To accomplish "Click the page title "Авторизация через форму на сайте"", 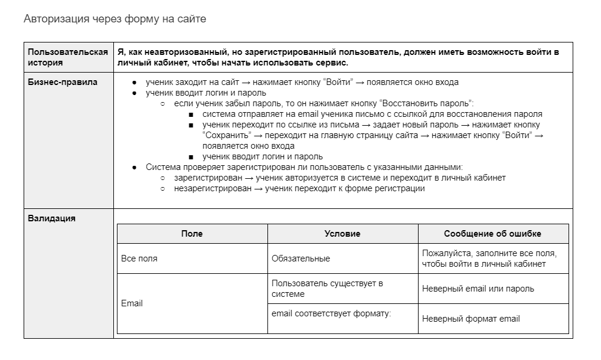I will (x=115, y=19).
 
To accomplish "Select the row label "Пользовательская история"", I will (x=68, y=57).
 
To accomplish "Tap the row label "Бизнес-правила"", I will (x=63, y=82).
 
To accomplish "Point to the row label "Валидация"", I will (x=52, y=218).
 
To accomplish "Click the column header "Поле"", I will (x=192, y=234).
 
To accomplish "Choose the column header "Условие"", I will (x=342, y=234).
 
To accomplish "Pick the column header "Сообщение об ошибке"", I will (x=492, y=234).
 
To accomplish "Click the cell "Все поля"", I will (x=139, y=258).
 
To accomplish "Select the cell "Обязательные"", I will (x=300, y=258).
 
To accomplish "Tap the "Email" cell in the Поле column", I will (x=132, y=303).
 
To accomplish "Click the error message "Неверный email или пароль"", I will (x=478, y=289).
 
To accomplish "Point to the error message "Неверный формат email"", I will (x=471, y=319).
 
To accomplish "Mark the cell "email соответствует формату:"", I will (x=331, y=313).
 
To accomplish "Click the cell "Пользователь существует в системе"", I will (x=327, y=289).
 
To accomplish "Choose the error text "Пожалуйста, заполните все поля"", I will (x=489, y=253).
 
